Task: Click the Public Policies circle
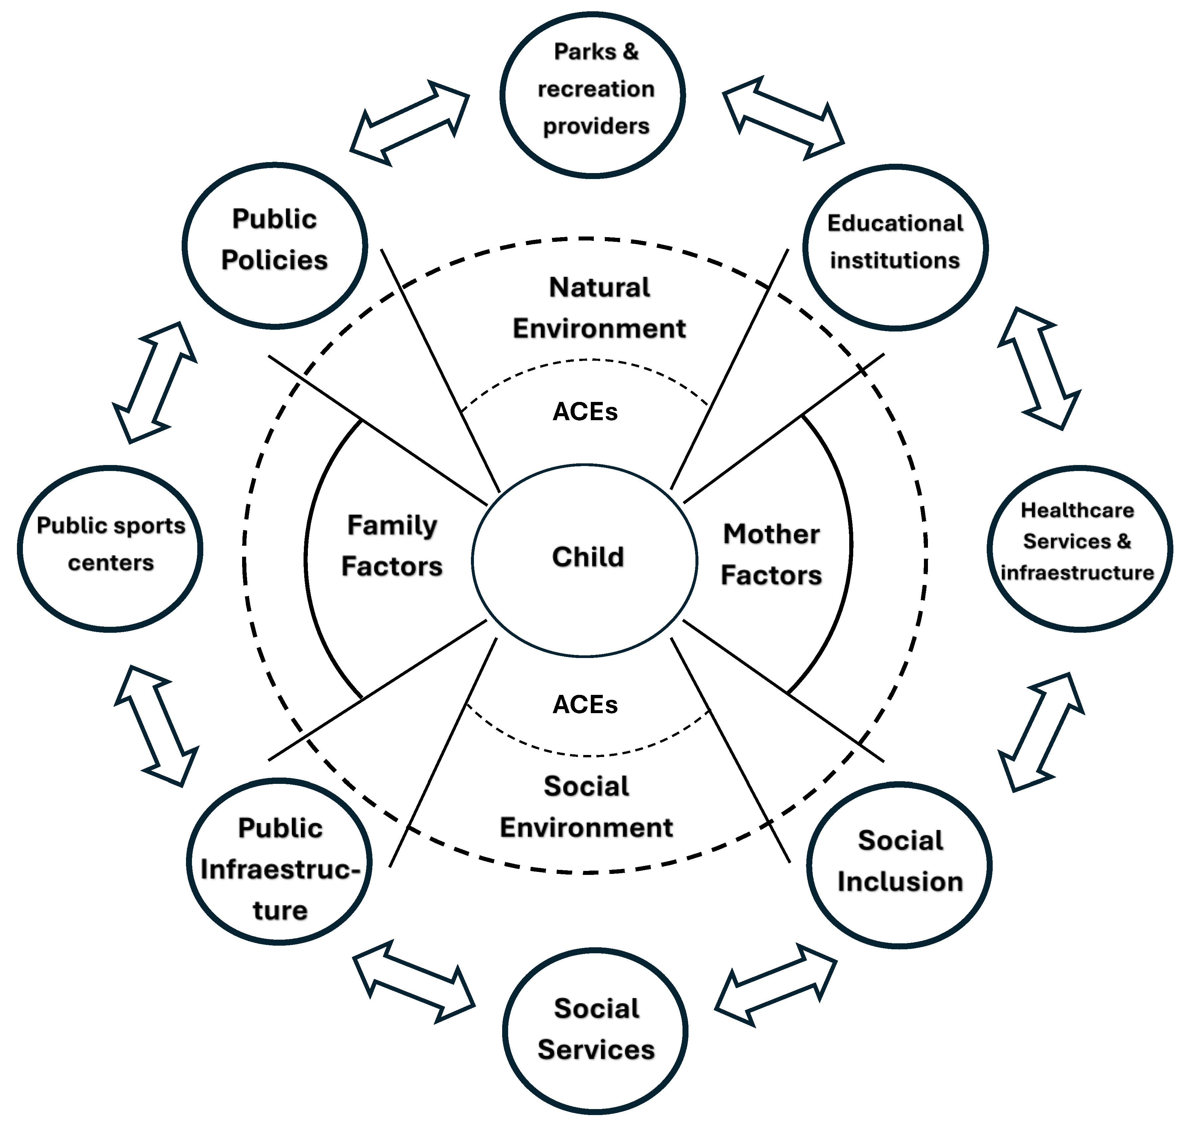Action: [275, 245]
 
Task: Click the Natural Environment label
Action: [599, 308]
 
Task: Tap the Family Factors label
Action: [392, 545]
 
